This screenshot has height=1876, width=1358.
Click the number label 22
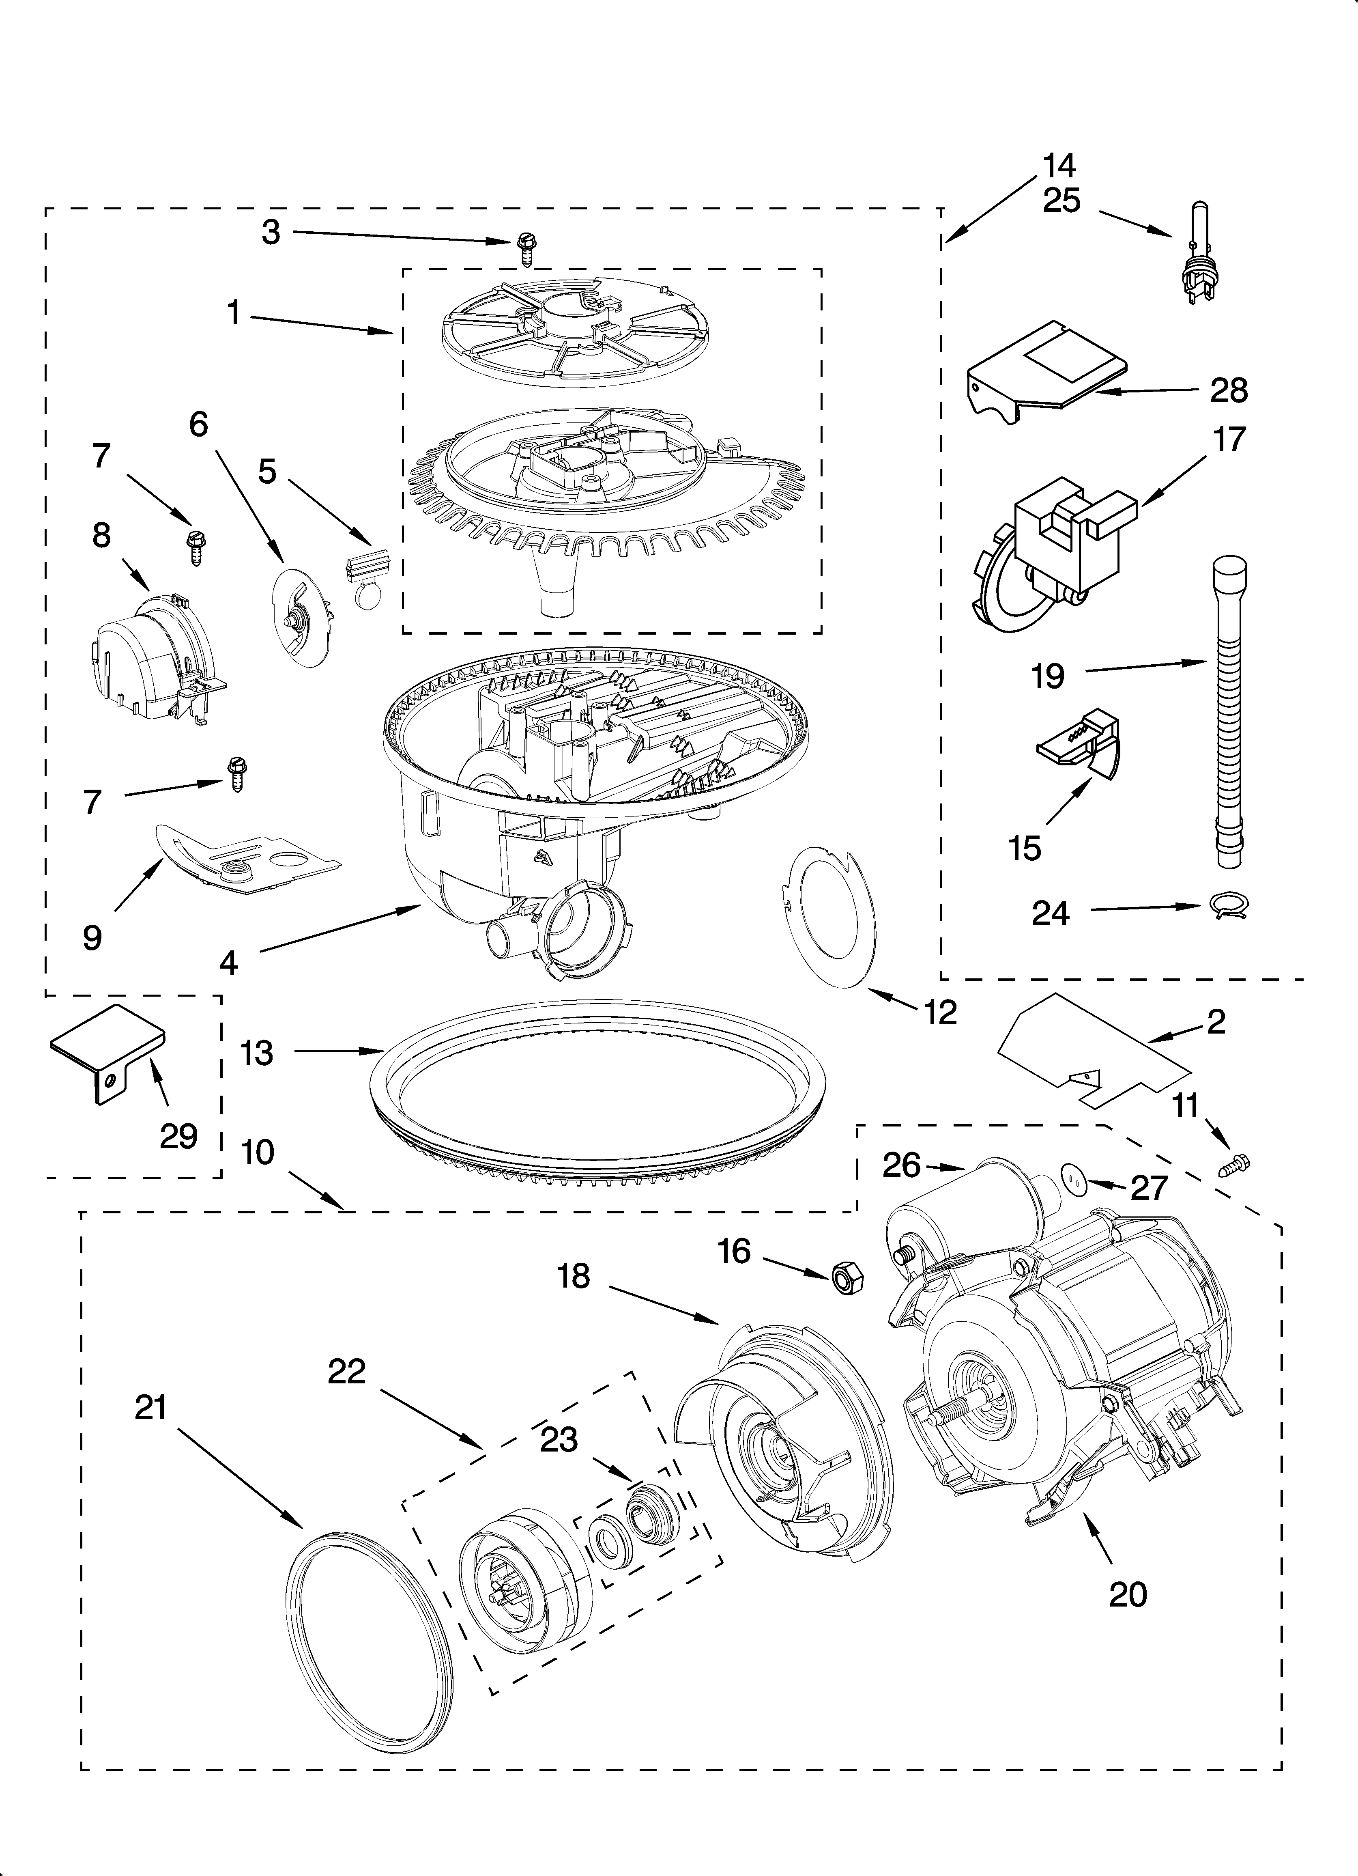point(346,1372)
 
